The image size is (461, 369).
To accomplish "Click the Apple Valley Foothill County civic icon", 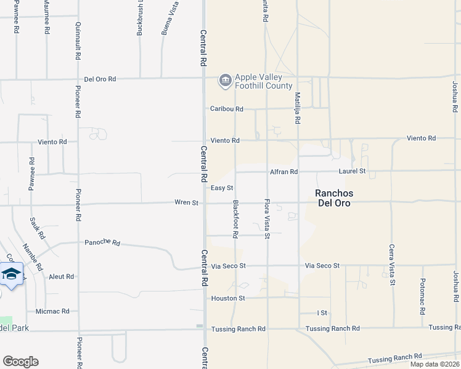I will pyautogui.click(x=225, y=80).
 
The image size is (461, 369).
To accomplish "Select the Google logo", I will pyautogui.click(x=20, y=362).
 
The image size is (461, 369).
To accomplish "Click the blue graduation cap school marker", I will pyautogui.click(x=11, y=272).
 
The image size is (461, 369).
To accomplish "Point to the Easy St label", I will pyautogui.click(x=222, y=188).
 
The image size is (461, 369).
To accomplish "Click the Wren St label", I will pyautogui.click(x=186, y=202).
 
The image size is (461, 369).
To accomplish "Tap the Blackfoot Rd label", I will pyautogui.click(x=235, y=219).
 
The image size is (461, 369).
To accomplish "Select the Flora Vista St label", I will pyautogui.click(x=267, y=219).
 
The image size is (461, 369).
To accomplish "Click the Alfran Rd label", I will pyautogui.click(x=284, y=172).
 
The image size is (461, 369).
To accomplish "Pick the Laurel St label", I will pyautogui.click(x=352, y=171).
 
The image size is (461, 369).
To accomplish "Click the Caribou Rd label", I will pyautogui.click(x=226, y=109).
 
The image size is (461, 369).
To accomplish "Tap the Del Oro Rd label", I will pyautogui.click(x=100, y=79).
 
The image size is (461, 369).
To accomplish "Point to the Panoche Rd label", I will pyautogui.click(x=102, y=242).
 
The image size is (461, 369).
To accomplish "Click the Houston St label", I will pyautogui.click(x=229, y=298).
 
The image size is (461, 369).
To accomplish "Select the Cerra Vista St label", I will pyautogui.click(x=391, y=265).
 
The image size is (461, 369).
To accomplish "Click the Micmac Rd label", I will pyautogui.click(x=52, y=311).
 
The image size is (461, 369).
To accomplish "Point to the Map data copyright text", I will pyautogui.click(x=435, y=364).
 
